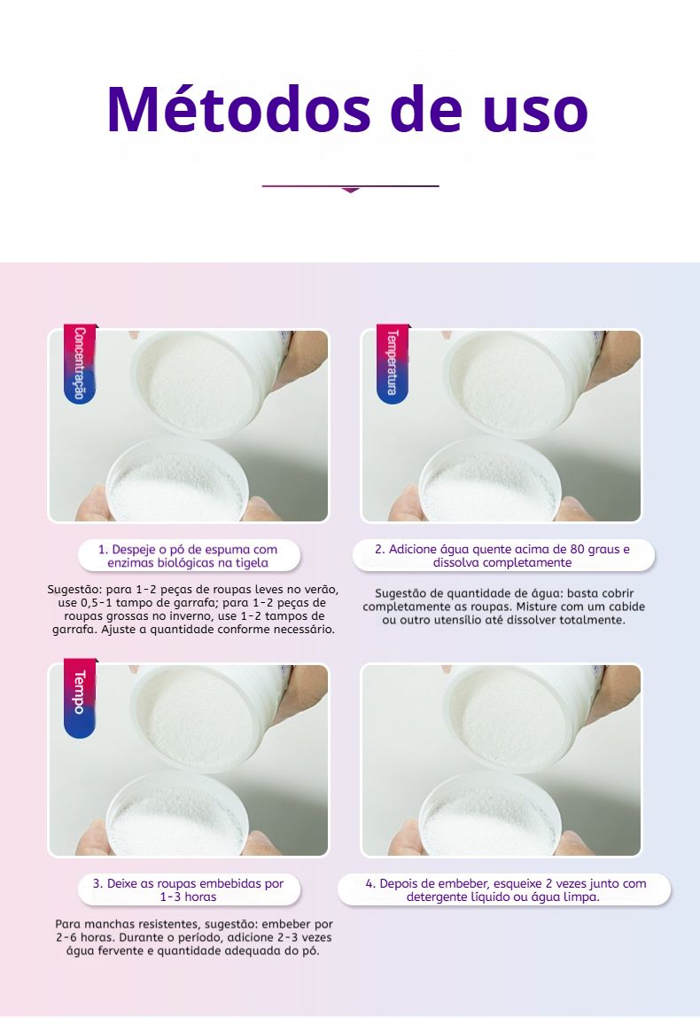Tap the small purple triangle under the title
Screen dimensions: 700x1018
point(350,191)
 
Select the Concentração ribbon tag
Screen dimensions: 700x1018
point(80,364)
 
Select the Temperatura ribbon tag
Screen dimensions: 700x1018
point(393,364)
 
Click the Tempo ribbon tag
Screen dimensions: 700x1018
point(80,698)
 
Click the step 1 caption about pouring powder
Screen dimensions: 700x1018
point(188,556)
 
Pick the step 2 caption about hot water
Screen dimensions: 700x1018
point(502,556)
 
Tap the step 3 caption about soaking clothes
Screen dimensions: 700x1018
point(188,890)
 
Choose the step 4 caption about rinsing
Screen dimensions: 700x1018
point(504,890)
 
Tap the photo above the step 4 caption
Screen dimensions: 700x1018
point(501,760)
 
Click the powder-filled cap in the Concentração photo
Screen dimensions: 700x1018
point(176,483)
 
